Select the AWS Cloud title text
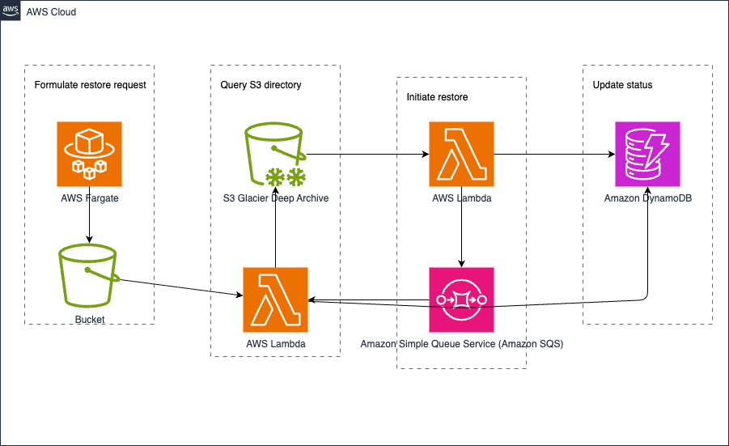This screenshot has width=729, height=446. tap(52, 12)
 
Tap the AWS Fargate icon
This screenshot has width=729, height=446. tap(89, 154)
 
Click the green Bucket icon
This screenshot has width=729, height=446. tap(89, 277)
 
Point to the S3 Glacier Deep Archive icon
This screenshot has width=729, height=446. tap(275, 154)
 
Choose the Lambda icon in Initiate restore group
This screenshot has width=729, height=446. tap(461, 154)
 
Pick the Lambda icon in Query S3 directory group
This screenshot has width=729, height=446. tap(275, 299)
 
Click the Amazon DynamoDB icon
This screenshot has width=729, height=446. tap(647, 154)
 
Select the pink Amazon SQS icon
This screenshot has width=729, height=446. tap(461, 299)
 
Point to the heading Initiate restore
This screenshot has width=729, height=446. tap(437, 97)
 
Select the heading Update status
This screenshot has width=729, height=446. tap(622, 85)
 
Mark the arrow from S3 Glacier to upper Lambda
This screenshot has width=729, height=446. tap(367, 154)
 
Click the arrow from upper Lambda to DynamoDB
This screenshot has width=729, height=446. tap(553, 154)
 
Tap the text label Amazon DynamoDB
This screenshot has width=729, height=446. tap(647, 198)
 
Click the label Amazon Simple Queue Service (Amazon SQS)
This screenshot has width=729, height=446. tap(461, 344)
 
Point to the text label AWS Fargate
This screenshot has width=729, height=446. tap(89, 198)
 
